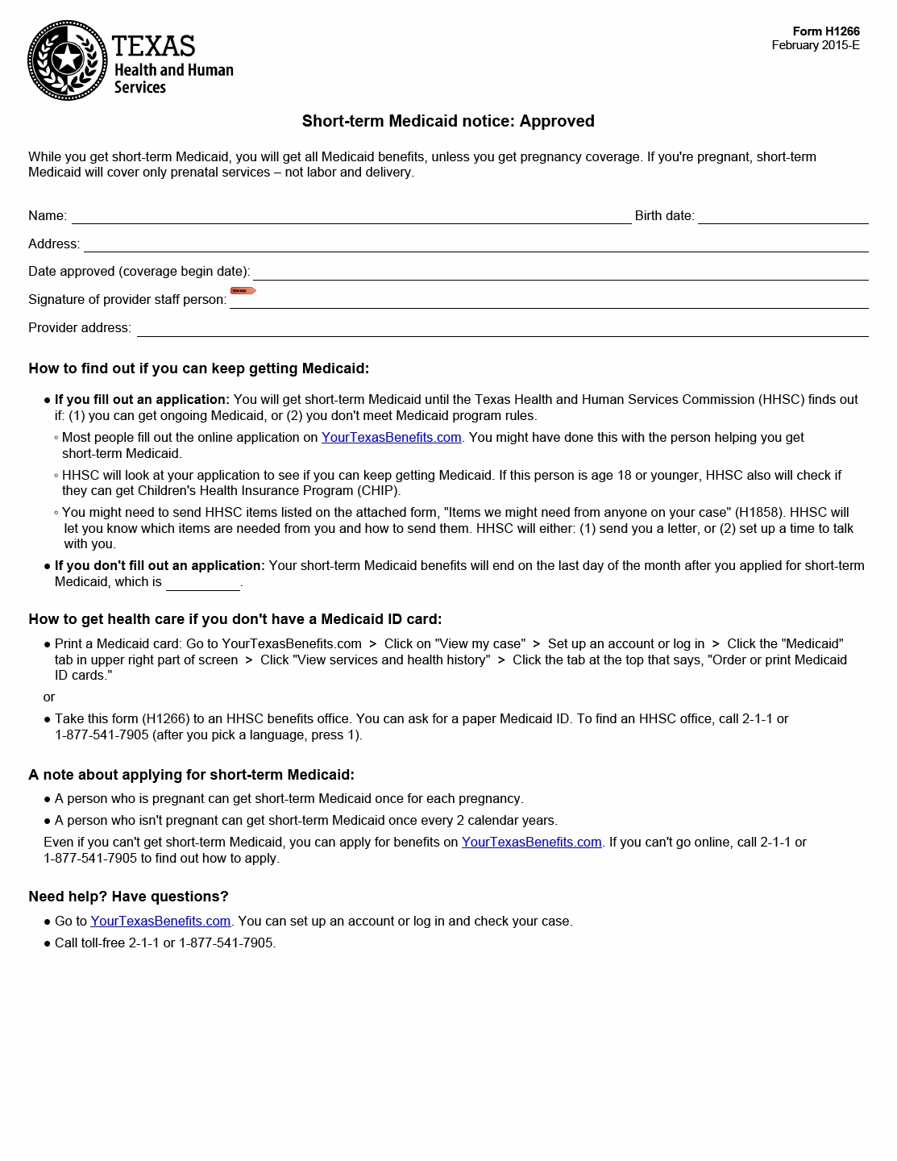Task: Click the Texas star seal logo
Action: [68, 60]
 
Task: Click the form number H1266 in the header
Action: [826, 31]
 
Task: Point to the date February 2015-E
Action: [815, 45]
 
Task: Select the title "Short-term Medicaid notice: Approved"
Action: [448, 121]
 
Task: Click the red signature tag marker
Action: [243, 290]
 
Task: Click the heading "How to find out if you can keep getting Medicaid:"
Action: [198, 368]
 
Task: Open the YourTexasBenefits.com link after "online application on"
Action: [391, 437]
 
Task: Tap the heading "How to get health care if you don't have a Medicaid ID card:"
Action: [235, 619]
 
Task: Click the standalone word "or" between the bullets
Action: [49, 697]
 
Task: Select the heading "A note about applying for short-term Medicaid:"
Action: [191, 775]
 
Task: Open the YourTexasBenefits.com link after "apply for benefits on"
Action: [531, 842]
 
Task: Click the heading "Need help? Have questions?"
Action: [128, 897]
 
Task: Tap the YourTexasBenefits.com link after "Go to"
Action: [160, 921]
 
